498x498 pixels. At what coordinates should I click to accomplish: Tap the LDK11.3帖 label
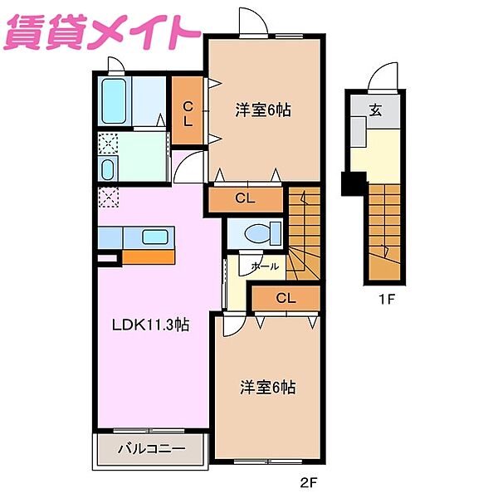pos(152,325)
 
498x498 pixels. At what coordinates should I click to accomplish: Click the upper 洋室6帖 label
pos(262,109)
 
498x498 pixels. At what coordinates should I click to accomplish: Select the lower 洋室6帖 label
pos(268,387)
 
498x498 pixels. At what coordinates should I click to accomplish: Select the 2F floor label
pos(310,482)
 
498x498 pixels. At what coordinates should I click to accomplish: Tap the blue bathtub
pos(115,101)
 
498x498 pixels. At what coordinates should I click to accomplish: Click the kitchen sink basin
pos(154,237)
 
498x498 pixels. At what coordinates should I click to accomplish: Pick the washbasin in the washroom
pos(108,169)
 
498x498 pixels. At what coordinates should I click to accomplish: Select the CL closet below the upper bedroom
pos(244,198)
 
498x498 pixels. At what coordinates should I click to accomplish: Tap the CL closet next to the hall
pos(285,297)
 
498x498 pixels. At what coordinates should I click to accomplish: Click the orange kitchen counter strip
pos(148,256)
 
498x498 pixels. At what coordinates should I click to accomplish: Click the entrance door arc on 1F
pos(383,76)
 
